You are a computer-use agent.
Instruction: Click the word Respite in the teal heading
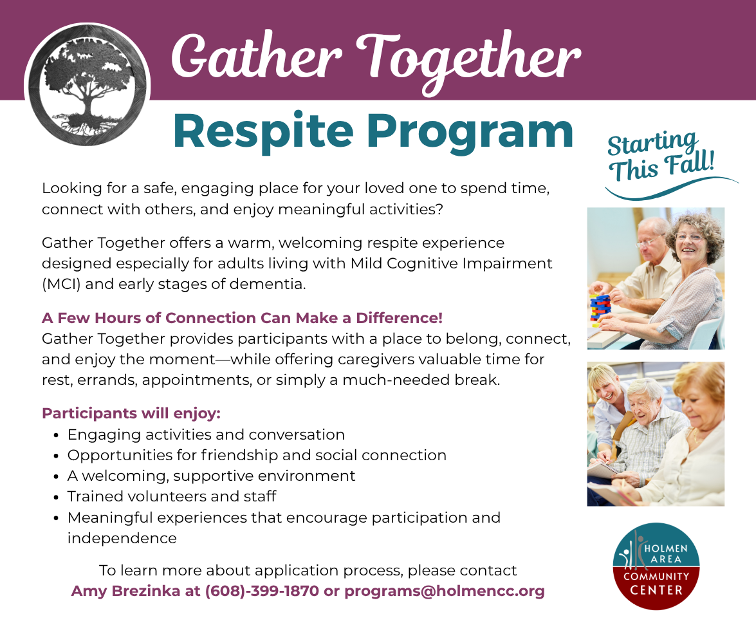[x=263, y=132]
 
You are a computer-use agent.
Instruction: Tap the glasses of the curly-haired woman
[x=690, y=237]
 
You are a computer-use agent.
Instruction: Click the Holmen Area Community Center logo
[x=656, y=566]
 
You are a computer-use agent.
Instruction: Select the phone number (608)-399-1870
[x=262, y=591]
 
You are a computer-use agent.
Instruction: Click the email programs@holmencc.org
[x=445, y=592]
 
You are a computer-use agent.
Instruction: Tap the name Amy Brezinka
[x=125, y=591]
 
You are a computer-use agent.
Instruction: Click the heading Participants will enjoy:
[x=131, y=414]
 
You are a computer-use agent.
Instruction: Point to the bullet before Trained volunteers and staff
[x=57, y=497]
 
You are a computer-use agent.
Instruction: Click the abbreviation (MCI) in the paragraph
[x=61, y=284]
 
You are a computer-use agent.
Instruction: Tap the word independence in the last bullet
[x=122, y=539]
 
